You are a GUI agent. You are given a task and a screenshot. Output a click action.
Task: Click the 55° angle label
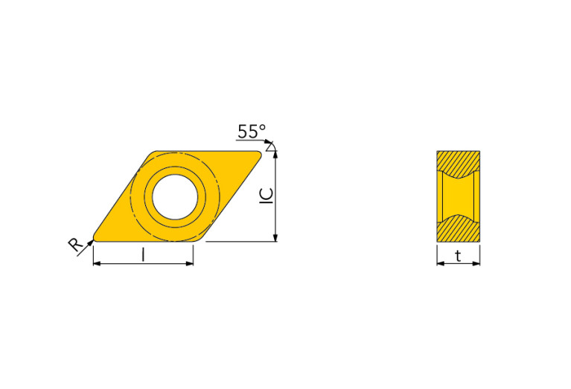[252, 132]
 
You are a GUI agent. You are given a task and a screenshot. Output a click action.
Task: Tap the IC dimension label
[267, 196]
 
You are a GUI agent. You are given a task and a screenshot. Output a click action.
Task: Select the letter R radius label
[75, 245]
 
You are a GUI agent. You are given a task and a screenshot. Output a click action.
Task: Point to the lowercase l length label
[143, 254]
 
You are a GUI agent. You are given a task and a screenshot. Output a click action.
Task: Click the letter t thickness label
[458, 256]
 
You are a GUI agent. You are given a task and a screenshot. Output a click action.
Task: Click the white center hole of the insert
[175, 197]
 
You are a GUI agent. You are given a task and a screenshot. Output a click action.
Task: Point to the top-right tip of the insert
[260, 153]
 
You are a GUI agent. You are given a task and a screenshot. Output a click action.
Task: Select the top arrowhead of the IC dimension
[275, 154]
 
